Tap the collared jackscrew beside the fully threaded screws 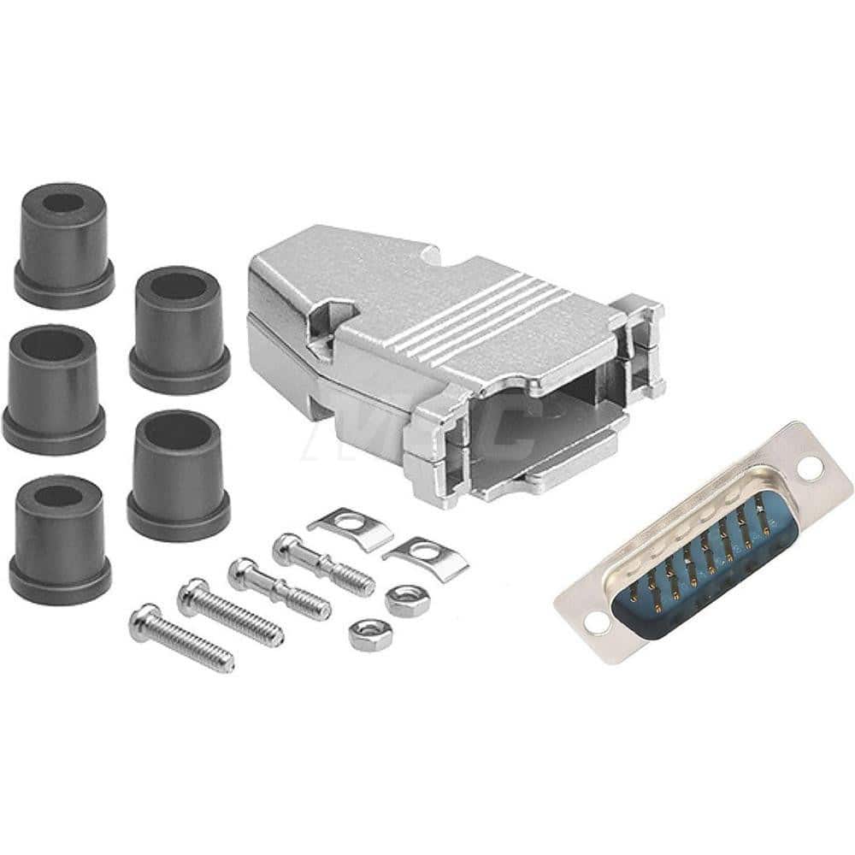(279, 587)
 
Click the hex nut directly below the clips (406, 600)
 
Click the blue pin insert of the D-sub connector (697, 556)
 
